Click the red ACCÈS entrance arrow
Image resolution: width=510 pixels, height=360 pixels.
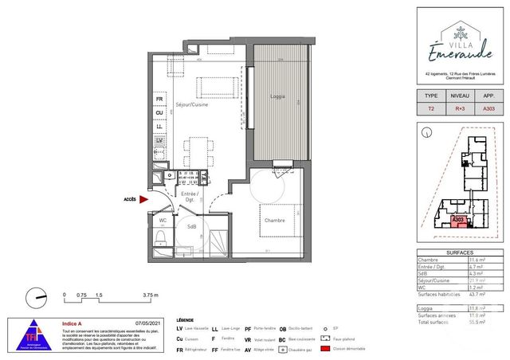(x=143, y=201)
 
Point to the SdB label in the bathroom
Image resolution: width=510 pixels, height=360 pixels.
(x=192, y=227)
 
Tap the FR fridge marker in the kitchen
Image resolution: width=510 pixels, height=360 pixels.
(x=159, y=100)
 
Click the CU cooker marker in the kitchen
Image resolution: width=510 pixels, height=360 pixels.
(x=159, y=113)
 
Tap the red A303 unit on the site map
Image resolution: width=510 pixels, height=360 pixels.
(x=458, y=220)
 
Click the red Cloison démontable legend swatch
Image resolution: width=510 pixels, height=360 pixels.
(x=324, y=348)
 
